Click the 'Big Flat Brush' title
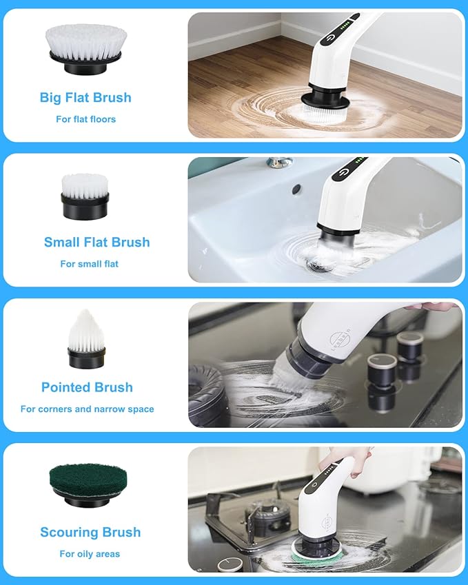[85, 97]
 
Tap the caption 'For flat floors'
[85, 119]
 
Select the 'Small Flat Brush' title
[96, 242]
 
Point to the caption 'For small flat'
[89, 264]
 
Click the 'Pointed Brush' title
[87, 387]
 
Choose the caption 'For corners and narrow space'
[87, 409]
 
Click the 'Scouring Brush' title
[90, 532]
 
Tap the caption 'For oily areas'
[90, 554]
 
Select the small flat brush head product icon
[85, 196]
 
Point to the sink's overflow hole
[296, 188]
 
